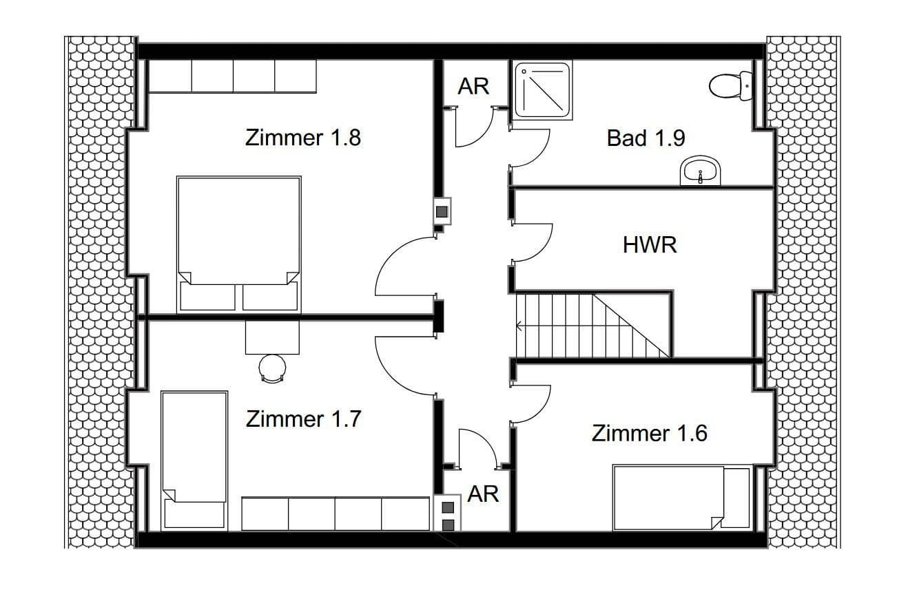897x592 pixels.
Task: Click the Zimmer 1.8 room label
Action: tap(303, 138)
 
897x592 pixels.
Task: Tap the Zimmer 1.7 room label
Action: tap(303, 419)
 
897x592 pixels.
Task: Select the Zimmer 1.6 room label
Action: tap(649, 434)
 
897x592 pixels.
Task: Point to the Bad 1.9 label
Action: tap(646, 138)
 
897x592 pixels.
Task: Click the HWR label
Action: tap(650, 245)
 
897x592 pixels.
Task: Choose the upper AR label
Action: tap(473, 87)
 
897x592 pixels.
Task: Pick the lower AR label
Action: tap(482, 494)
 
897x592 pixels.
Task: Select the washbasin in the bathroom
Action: tap(700, 171)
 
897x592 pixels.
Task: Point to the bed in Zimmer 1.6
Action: tap(681, 498)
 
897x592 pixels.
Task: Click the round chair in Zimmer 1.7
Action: tap(272, 367)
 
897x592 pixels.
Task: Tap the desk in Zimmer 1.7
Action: tap(272, 337)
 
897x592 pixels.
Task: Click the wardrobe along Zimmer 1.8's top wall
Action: tap(232, 76)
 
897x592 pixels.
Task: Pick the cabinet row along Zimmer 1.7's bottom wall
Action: tap(335, 514)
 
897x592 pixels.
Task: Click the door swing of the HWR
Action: tap(532, 242)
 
